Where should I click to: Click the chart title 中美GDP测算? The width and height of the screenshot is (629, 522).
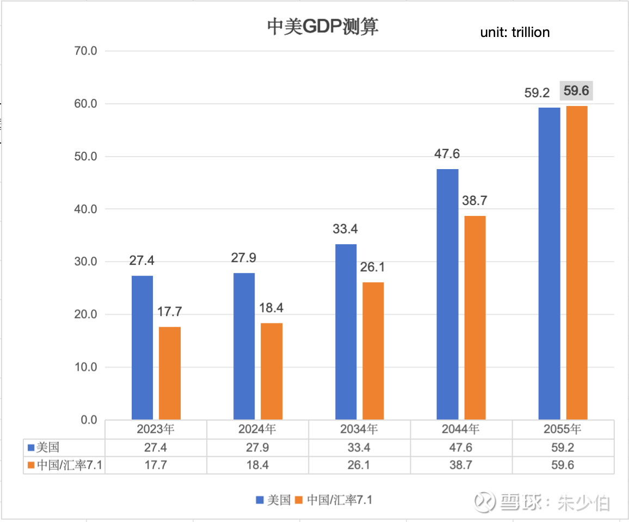322,27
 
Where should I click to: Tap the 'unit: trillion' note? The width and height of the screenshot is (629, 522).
515,33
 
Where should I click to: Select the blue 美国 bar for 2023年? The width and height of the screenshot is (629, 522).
143,348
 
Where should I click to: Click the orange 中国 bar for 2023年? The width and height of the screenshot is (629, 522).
170,373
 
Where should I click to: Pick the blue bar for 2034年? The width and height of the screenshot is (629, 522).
346,332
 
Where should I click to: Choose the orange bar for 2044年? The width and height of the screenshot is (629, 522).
475,318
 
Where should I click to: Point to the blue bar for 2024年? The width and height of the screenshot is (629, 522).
244,346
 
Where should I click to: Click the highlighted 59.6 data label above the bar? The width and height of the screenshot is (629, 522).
576,91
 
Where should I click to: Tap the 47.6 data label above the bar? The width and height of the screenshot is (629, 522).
447,154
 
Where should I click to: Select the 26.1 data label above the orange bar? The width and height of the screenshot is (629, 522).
373,267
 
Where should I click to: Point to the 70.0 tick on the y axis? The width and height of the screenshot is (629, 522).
85,51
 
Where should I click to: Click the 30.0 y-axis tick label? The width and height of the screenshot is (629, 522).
85,262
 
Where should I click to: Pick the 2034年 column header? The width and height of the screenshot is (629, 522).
359,429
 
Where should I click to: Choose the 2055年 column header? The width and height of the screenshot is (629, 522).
563,429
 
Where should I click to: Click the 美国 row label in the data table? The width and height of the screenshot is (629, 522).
47,448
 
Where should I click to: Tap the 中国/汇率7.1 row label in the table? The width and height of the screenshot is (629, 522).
63,465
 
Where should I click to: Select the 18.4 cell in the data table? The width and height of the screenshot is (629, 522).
257,465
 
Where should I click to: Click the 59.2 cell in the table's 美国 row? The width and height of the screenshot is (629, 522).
563,448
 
